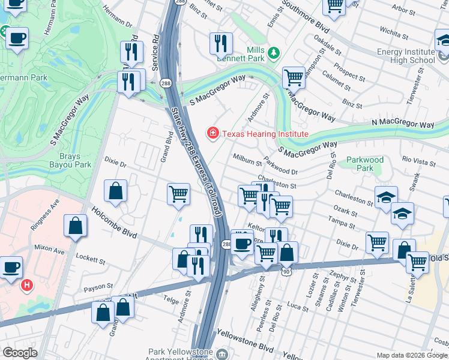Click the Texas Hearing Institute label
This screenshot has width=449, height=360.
click(265, 134)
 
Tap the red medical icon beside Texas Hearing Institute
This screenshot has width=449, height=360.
click(212, 133)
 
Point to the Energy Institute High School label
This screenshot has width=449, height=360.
click(406, 56)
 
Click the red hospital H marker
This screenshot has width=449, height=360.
click(27, 285)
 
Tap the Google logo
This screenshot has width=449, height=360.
click(20, 353)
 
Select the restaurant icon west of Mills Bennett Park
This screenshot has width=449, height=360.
click(221, 43)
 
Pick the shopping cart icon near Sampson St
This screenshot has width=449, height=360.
click(294, 77)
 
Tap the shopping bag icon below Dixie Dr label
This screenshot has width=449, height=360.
click(115, 191)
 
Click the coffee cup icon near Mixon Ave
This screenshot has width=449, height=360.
click(11, 267)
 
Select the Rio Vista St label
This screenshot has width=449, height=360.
click(418, 161)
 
